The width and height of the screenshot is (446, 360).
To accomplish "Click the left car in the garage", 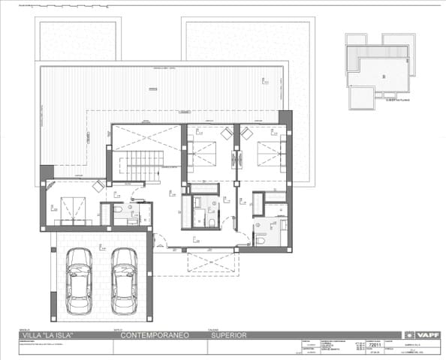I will tap(77, 280).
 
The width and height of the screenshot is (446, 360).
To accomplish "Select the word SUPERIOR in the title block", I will tap(228, 335).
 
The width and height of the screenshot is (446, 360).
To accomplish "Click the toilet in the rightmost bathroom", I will tap(260, 238).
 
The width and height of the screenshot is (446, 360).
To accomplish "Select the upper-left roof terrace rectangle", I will tap(77, 39).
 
